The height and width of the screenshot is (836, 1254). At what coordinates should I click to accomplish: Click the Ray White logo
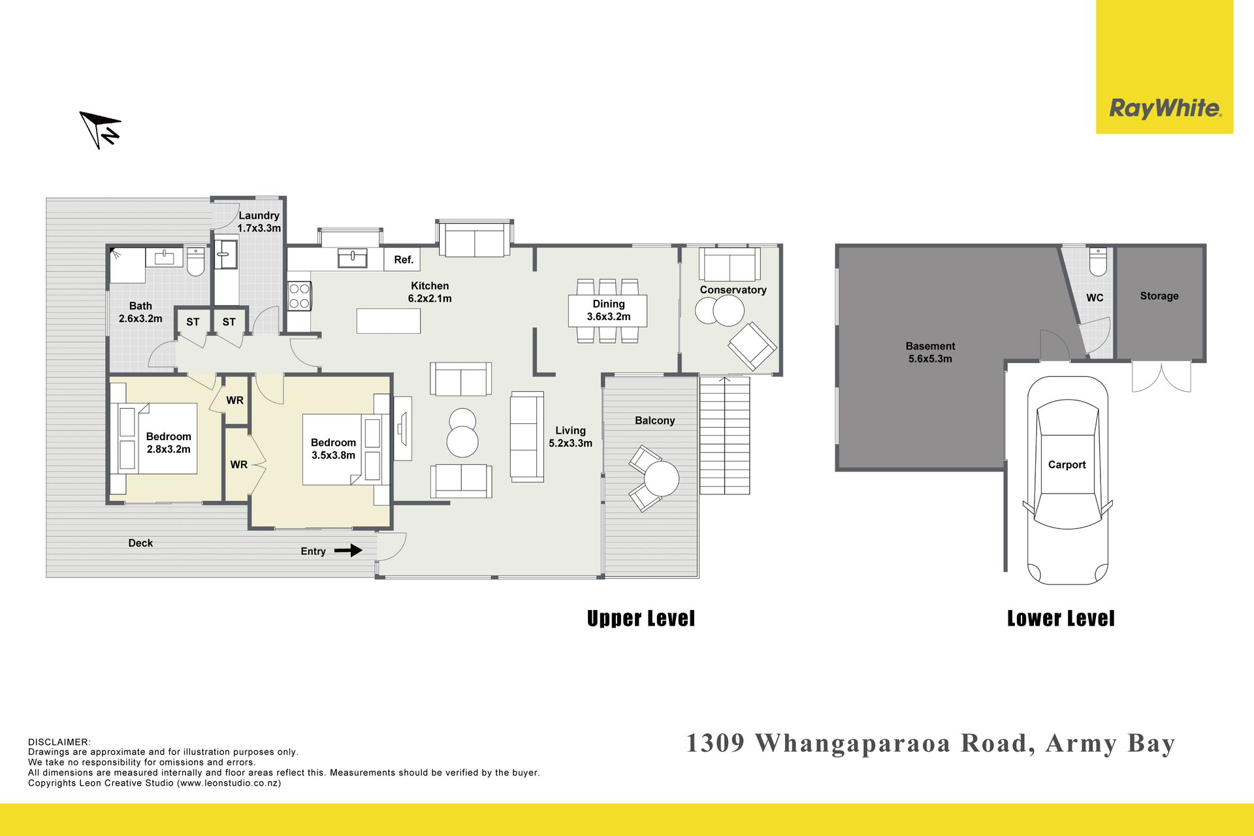[x=1165, y=108]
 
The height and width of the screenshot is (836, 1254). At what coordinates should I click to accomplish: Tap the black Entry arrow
[x=348, y=551]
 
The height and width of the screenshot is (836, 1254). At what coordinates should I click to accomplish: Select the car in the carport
[x=1067, y=480]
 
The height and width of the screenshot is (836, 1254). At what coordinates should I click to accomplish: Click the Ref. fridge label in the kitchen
[x=404, y=259]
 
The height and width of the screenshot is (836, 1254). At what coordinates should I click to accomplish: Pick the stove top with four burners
[x=299, y=295]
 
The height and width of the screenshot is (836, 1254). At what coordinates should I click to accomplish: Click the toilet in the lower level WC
[x=1098, y=261]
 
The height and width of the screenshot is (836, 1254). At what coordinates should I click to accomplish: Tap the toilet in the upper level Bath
[x=196, y=261]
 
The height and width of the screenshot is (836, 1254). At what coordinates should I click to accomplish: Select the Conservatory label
[x=733, y=289]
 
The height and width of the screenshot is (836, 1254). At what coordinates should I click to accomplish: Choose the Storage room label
[x=1159, y=296]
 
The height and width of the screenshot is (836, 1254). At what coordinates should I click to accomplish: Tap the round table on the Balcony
[x=662, y=479]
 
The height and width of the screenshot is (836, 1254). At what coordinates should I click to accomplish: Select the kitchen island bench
[x=389, y=321]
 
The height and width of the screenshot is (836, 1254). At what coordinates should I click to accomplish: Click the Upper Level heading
[x=641, y=619]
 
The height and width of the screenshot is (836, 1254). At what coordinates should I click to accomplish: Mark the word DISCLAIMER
[x=59, y=742]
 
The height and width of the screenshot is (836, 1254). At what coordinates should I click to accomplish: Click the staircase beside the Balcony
[x=725, y=436]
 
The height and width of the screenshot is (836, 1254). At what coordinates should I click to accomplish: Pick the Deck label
[x=140, y=543]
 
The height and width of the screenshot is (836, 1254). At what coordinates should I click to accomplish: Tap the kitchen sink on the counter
[x=352, y=258]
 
